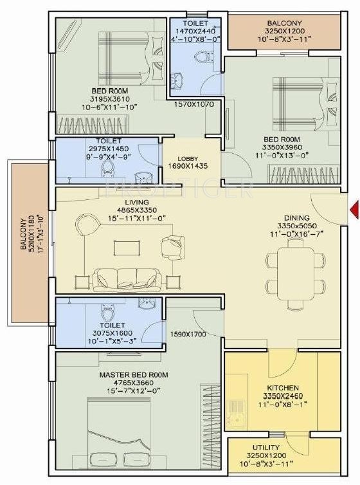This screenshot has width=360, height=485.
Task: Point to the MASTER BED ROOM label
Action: point(133,374)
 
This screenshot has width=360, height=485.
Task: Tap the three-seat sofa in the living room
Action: point(127,278)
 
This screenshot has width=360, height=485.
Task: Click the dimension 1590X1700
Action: point(188,334)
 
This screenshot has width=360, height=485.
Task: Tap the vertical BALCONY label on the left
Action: point(24,233)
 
